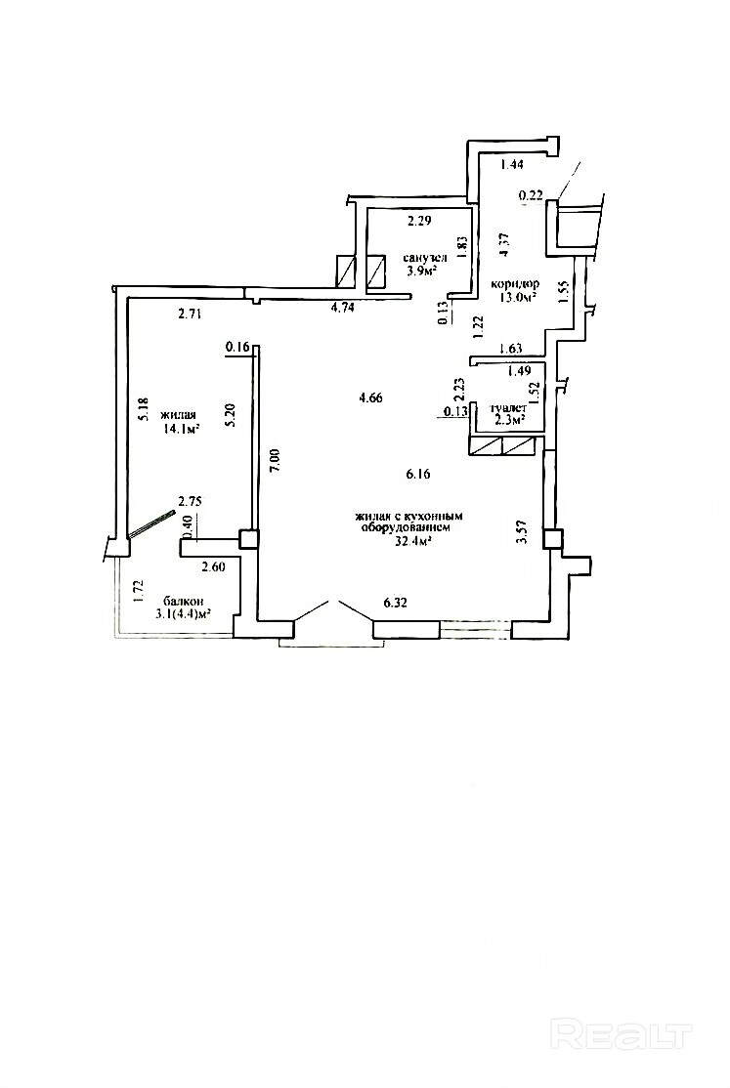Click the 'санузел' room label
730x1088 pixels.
tap(425, 258)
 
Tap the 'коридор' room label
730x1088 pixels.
tap(515, 284)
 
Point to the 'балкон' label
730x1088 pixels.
tap(184, 601)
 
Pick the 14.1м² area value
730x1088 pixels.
tap(181, 429)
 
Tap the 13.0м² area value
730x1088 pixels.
tap(516, 298)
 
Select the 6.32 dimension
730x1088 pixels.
tap(395, 603)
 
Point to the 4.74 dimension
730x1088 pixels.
tap(343, 308)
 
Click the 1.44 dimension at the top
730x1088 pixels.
tap(511, 164)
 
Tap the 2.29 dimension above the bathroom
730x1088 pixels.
tap(419, 222)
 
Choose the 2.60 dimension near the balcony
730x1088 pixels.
tap(213, 566)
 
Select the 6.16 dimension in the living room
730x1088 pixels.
tap(418, 475)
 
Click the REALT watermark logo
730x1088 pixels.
tap(622, 1036)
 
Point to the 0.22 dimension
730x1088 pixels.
tap(531, 196)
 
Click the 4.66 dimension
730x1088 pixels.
tap(370, 398)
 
